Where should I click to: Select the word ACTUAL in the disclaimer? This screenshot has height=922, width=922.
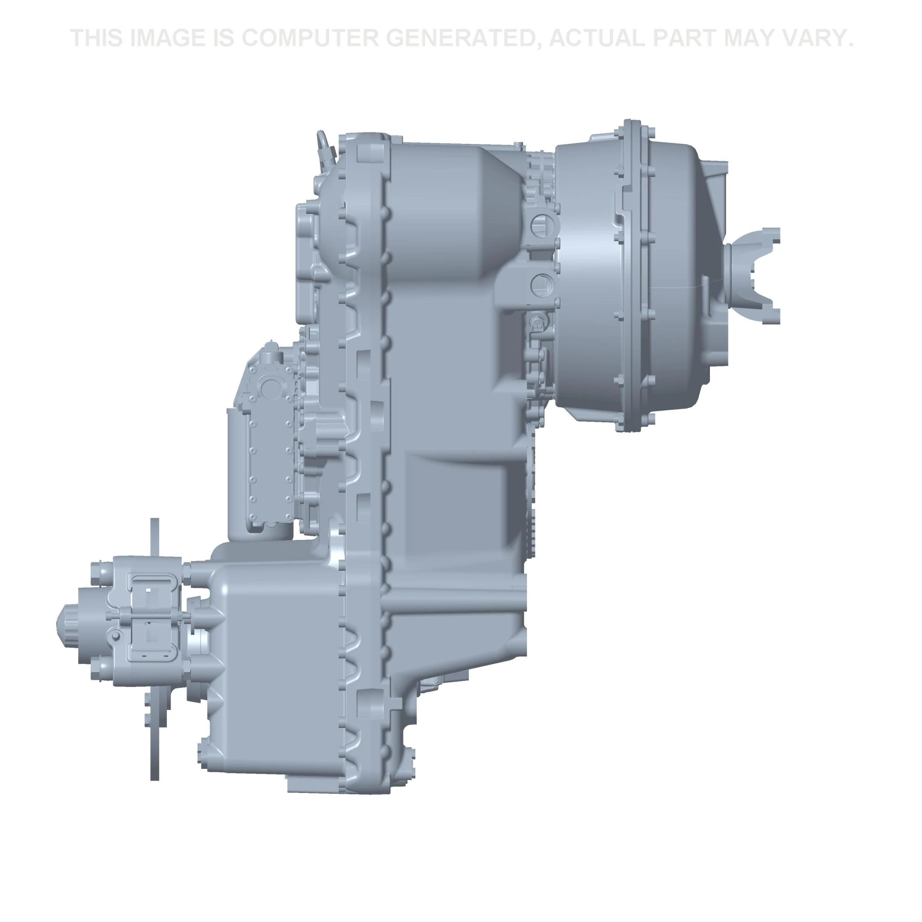coord(597,38)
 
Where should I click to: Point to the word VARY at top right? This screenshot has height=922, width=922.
coord(810,38)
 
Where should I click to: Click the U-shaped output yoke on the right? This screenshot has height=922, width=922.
coord(754,275)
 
